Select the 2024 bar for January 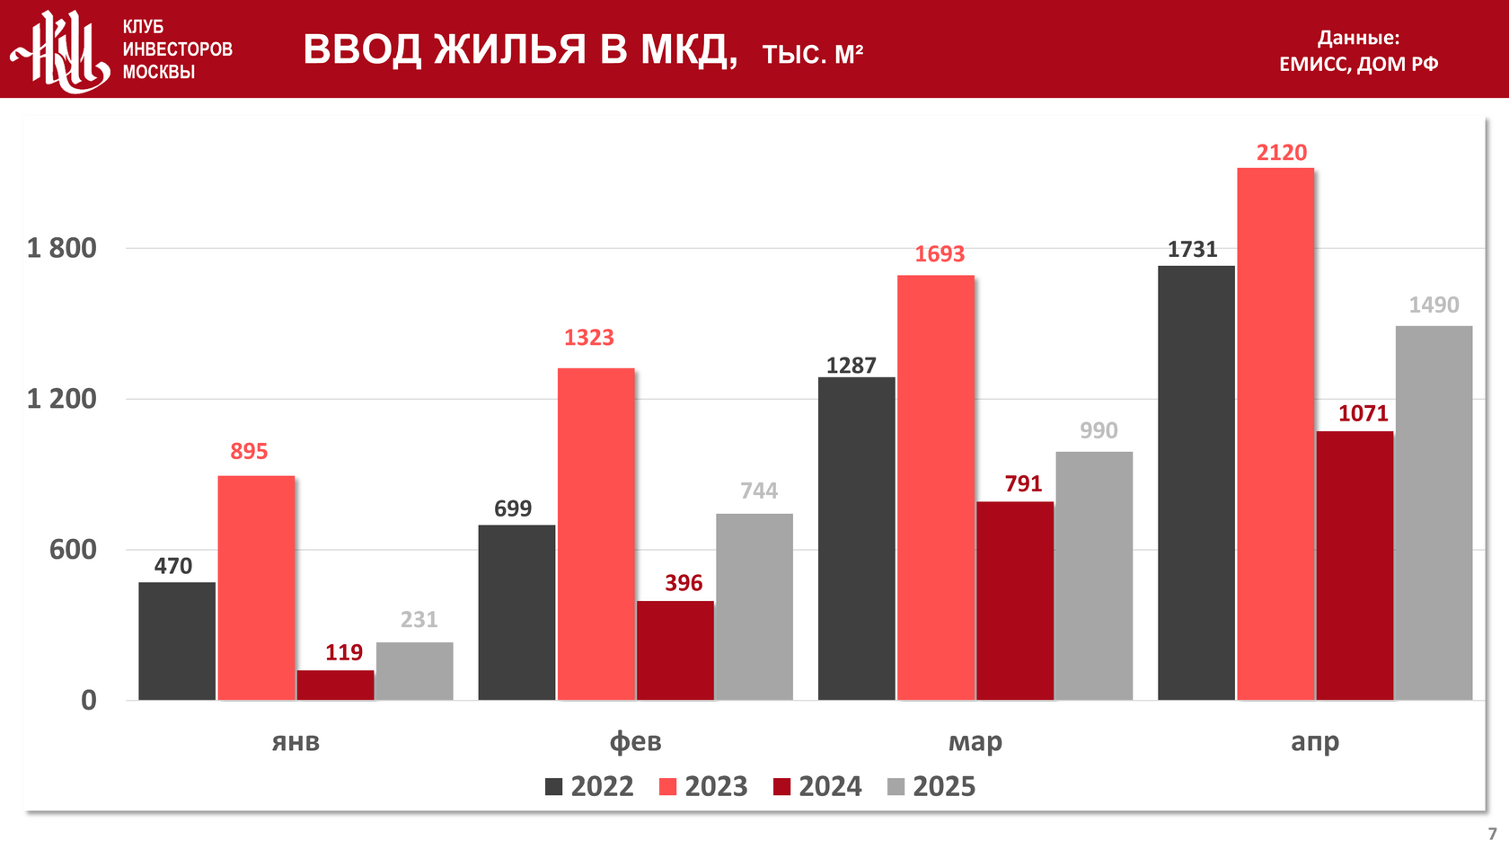point(335,685)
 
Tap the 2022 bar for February point(516,612)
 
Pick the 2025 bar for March point(1094,575)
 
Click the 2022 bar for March point(856,538)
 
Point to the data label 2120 point(1282,153)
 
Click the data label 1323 point(589,338)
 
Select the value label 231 point(419,620)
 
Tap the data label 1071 point(1363,413)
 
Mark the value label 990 point(1099,430)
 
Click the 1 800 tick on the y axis point(62,248)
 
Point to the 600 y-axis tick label point(73,550)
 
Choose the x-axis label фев point(635,742)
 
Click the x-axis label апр point(1315,742)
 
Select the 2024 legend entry point(817,787)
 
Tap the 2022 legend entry point(589,787)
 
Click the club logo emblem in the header point(61,50)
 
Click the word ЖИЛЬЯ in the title point(510,49)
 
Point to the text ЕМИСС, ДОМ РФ point(1358,64)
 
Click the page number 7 point(1492,834)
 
